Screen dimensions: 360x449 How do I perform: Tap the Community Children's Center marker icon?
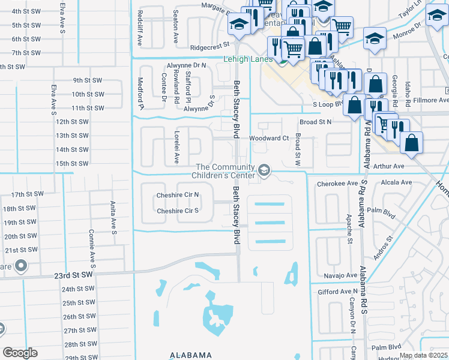[264, 171]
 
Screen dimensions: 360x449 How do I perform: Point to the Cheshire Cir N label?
[178, 195]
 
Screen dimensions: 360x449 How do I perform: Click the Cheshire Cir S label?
[177, 211]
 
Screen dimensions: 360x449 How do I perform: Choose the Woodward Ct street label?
[270, 138]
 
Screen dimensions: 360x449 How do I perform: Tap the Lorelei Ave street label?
[177, 147]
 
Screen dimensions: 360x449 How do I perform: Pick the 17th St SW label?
[27, 194]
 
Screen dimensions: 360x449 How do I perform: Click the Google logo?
[20, 353]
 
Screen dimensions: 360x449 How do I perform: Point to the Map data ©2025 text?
[423, 355]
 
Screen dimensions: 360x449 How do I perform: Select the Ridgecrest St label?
[210, 44]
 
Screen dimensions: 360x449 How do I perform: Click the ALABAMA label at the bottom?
[191, 355]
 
